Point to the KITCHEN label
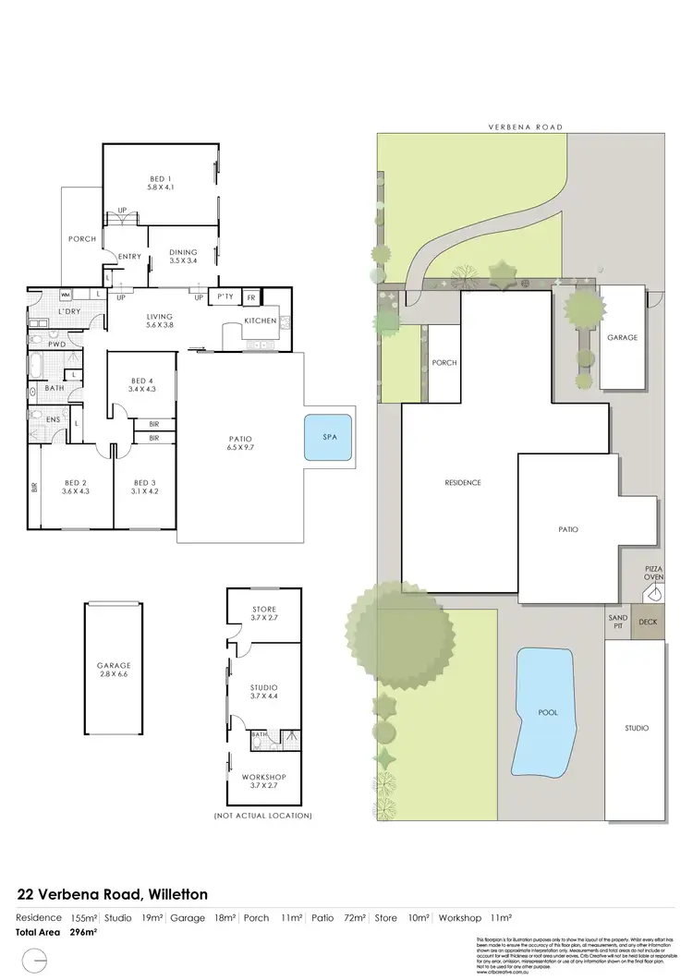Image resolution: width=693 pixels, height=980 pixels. [259, 321]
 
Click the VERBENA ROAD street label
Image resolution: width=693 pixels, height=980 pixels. [527, 127]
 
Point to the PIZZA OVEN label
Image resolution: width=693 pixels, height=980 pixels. [653, 570]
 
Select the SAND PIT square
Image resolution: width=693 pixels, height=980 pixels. [617, 622]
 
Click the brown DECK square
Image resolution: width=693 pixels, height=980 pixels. [648, 622]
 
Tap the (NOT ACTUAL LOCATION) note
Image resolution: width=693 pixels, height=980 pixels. [263, 817]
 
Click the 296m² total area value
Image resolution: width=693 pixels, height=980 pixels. [84, 933]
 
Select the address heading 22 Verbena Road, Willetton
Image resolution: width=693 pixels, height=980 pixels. [113, 894]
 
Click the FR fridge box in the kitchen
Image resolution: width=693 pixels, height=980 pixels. [251, 297]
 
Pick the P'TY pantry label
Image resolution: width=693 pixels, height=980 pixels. [224, 297]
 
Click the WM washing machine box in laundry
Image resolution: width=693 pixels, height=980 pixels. [66, 296]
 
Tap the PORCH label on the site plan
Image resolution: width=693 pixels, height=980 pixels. [444, 363]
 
